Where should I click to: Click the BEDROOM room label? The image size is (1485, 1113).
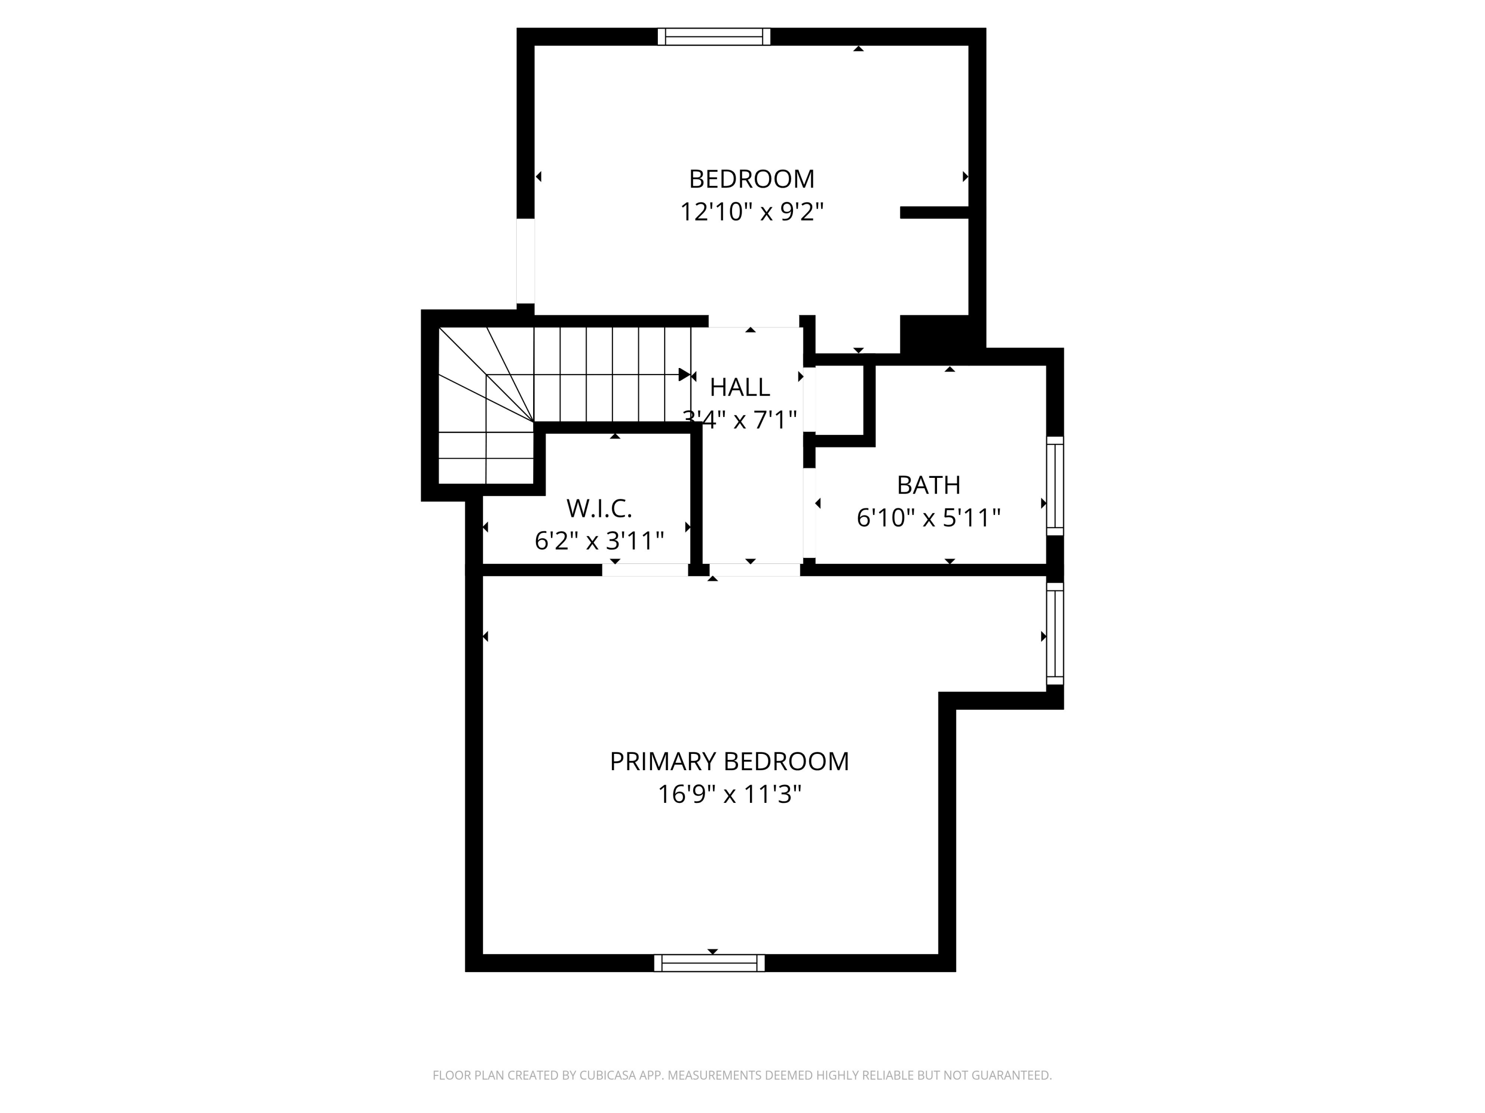751,179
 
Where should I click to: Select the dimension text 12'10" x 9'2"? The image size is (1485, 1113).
751,212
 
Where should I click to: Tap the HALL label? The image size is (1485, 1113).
740,387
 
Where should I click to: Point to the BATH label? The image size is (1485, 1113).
929,485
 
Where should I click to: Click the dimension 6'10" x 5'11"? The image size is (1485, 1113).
929,518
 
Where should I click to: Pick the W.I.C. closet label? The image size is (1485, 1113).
599,509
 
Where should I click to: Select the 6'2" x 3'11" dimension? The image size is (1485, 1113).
599,541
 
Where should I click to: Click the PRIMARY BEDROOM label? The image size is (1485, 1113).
729,761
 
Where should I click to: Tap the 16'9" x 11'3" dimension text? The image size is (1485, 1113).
729,794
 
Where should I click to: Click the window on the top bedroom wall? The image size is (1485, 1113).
714,37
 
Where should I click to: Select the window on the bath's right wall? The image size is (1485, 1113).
1055,486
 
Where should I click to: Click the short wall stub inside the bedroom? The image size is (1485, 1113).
934,213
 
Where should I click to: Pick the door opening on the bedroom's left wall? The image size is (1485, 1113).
526,261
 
